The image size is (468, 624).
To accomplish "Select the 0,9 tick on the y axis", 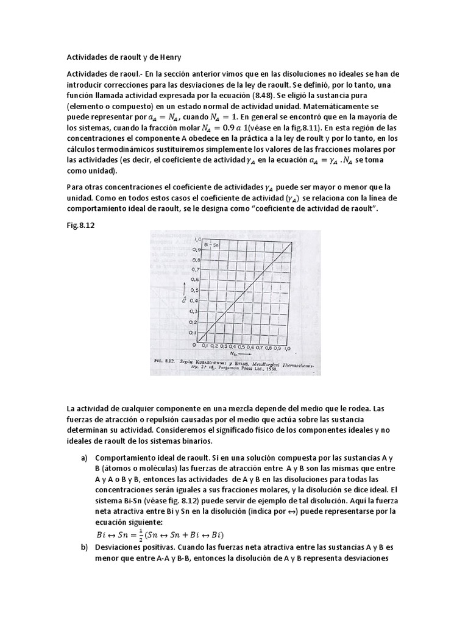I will click(x=193, y=249).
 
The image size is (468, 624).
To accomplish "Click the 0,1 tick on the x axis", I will click(x=205, y=346).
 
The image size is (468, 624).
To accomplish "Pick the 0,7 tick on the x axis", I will click(x=259, y=346).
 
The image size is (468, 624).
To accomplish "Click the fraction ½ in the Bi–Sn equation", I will click(x=138, y=534).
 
